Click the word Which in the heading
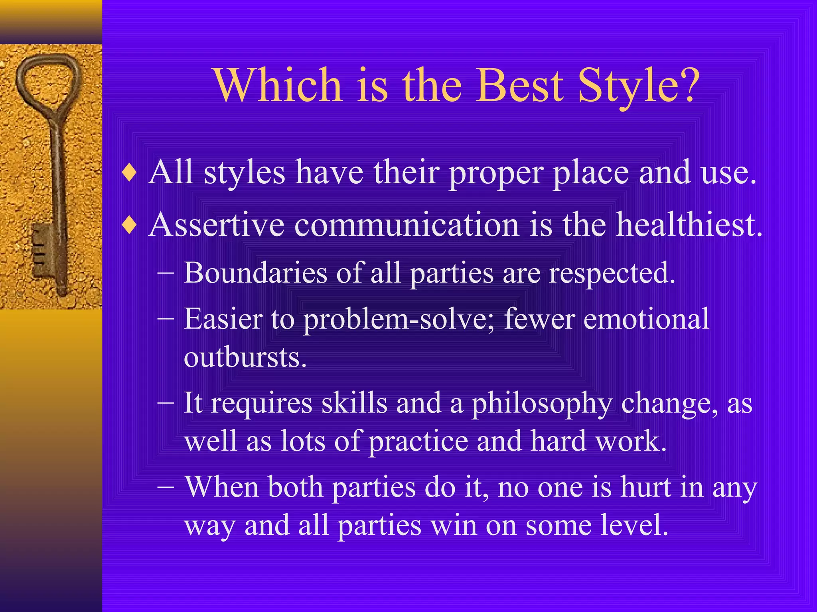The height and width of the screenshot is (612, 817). pos(278,85)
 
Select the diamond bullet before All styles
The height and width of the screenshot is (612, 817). pos(130,173)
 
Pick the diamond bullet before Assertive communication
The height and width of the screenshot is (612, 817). pos(130,226)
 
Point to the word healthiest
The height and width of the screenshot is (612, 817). pos(689,225)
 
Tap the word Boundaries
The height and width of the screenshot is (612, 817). pos(255,273)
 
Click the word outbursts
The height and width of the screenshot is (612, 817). pos(245,357)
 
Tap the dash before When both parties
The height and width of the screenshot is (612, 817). pos(166,487)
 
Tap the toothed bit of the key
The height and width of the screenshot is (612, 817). pos(42,251)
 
